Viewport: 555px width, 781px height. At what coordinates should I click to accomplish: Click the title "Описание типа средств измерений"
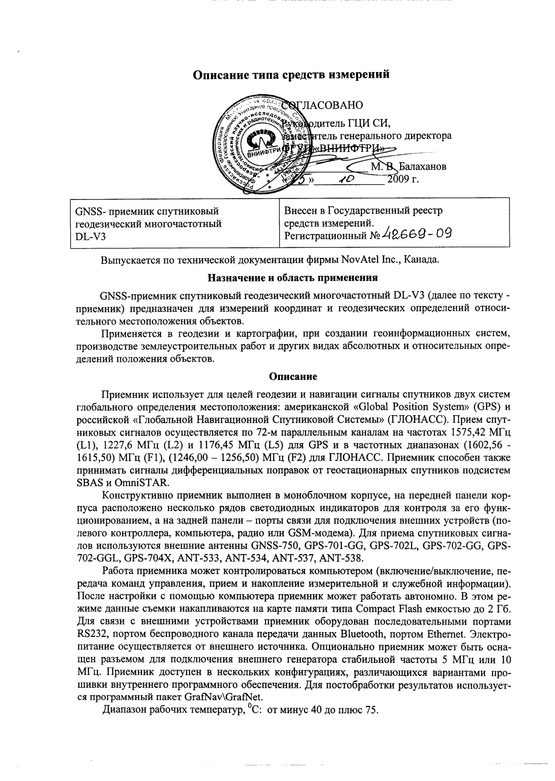pos(293,75)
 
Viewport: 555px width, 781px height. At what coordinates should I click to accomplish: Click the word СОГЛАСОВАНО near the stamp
pos(322,105)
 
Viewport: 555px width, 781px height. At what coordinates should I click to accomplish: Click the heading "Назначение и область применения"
pos(293,278)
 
